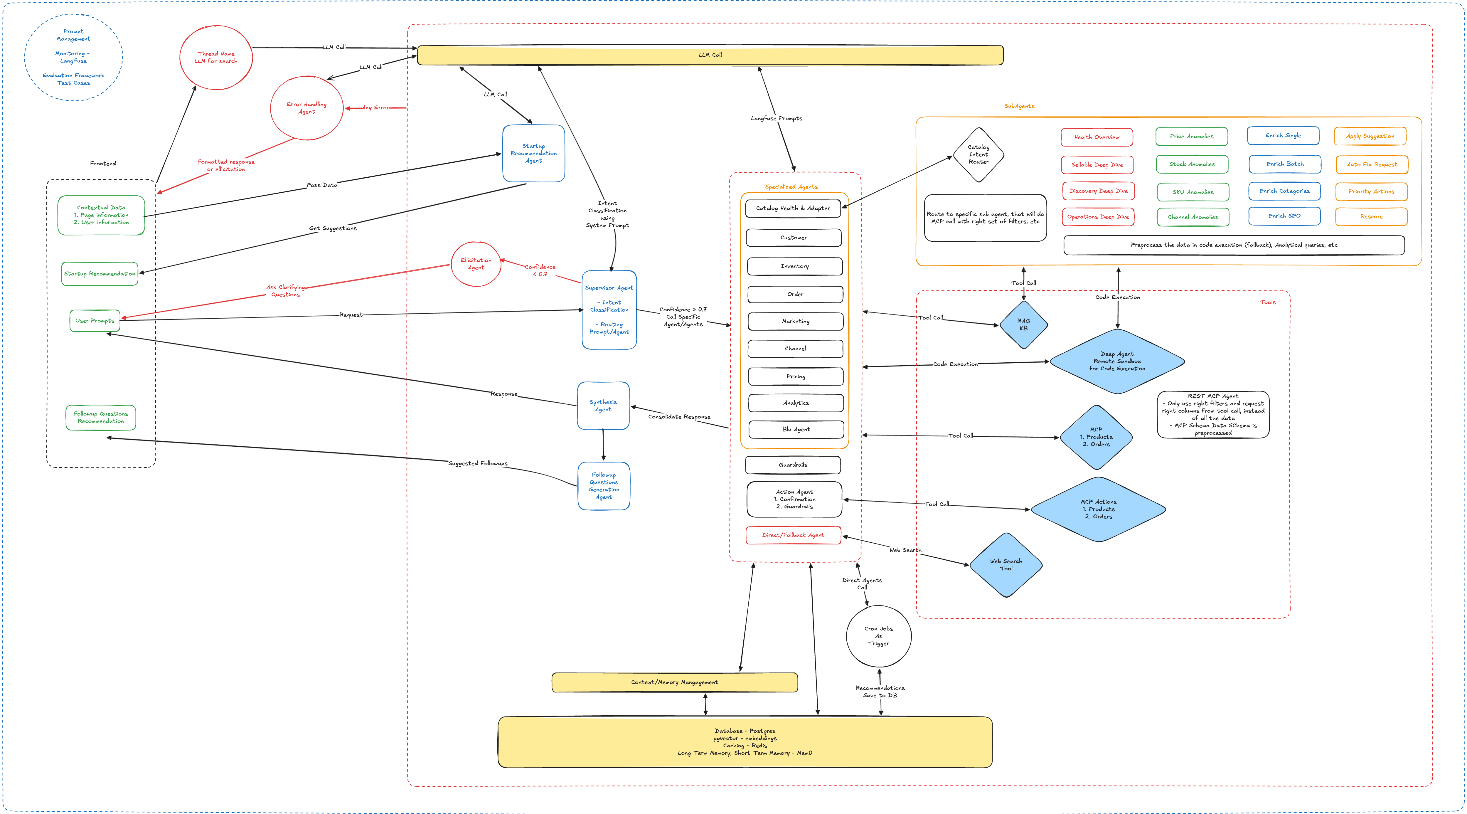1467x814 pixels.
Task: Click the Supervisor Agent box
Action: [609, 310]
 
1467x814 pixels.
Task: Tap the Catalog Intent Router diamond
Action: [978, 154]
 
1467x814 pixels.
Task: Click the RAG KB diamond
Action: [1023, 325]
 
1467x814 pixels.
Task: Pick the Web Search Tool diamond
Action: [1006, 564]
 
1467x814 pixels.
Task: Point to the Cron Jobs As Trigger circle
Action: [879, 636]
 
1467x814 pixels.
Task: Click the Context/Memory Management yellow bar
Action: [674, 682]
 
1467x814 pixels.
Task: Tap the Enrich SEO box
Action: [1284, 216]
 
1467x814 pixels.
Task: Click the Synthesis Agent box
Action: [603, 406]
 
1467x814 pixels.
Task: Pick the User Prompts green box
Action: [95, 321]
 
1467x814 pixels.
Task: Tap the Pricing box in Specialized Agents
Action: [796, 376]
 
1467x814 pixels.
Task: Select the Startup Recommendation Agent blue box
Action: [534, 153]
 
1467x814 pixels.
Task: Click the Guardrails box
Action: [793, 465]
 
